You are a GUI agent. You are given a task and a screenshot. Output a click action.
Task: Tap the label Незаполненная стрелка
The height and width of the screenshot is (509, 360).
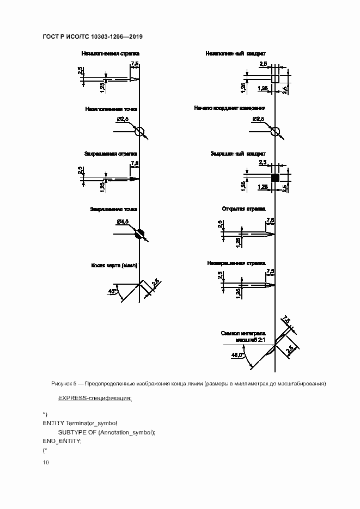(110, 54)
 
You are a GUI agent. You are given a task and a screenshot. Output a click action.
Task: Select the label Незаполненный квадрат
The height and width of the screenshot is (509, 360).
(235, 54)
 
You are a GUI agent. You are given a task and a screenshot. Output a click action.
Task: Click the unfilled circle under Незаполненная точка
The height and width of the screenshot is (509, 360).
(139, 131)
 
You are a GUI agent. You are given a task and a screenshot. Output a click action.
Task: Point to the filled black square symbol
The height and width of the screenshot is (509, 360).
(276, 177)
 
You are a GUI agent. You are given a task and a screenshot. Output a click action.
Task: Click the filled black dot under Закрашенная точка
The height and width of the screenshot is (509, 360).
(140, 234)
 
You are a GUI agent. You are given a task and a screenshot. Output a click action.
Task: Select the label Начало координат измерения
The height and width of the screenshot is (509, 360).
(230, 108)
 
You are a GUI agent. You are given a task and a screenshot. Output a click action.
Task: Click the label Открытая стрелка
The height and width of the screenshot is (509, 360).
(243, 208)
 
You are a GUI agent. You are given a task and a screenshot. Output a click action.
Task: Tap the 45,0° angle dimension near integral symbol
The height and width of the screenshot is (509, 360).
(237, 355)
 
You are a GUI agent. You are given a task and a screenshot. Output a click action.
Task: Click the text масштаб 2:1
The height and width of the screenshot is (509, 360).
(250, 340)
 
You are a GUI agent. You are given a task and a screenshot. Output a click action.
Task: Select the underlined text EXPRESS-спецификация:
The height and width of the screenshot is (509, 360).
(95, 398)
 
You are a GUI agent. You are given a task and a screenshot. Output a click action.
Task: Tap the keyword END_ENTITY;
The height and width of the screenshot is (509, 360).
(62, 441)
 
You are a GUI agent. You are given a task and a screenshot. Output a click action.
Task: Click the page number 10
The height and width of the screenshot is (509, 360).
(46, 463)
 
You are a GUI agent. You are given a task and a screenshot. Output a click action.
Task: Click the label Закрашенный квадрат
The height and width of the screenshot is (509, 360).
(238, 154)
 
